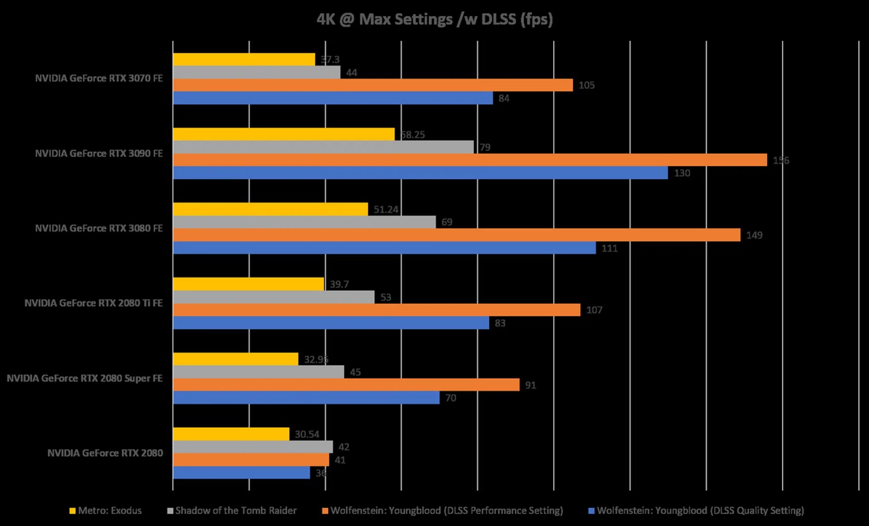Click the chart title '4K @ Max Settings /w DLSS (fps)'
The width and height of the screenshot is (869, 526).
coord(434,19)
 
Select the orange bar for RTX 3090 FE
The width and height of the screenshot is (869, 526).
coord(470,160)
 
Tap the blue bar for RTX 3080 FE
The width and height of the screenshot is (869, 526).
coord(384,248)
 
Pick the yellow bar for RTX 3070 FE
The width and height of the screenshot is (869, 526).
coord(244,59)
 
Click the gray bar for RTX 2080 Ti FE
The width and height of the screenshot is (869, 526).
coord(274,297)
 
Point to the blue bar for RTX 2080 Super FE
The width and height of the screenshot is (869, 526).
coord(306,397)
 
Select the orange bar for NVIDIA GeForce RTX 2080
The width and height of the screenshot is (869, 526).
coord(251,459)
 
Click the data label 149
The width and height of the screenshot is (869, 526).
coord(754,235)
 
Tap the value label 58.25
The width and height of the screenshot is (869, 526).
coord(413,134)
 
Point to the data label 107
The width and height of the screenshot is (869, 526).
coord(594,310)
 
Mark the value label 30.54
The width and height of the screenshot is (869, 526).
coord(307,434)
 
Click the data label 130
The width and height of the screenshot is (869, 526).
coord(682,173)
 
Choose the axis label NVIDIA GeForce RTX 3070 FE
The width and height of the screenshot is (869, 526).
coord(99,78)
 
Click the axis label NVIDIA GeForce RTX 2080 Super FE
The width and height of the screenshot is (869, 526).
coord(85,378)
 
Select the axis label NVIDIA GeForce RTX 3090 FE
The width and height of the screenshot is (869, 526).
coord(99,153)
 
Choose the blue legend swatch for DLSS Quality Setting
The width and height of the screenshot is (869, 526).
coord(591,511)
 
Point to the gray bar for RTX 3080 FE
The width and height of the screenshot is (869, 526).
coord(304,222)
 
